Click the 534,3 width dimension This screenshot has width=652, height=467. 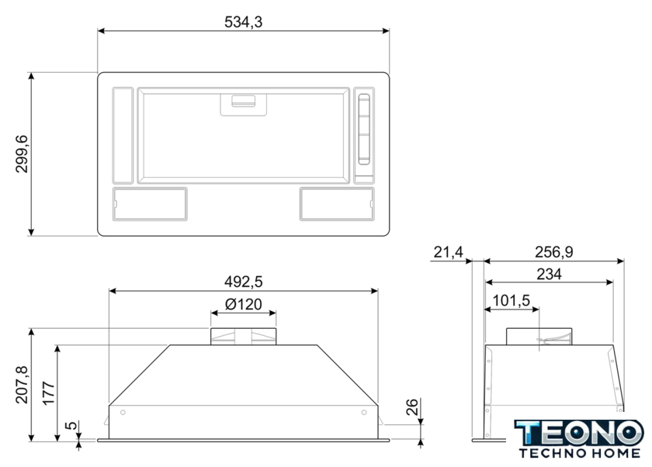[243, 22]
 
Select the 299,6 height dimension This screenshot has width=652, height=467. [22, 154]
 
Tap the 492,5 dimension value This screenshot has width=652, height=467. [243, 282]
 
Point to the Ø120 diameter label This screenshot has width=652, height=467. [243, 304]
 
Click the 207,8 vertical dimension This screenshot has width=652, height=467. [22, 385]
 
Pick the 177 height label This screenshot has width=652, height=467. [49, 393]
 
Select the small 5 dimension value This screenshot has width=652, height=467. [71, 425]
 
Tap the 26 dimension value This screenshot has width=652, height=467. [411, 406]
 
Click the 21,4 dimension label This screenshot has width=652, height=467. [449, 252]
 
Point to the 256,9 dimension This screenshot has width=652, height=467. [554, 252]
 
